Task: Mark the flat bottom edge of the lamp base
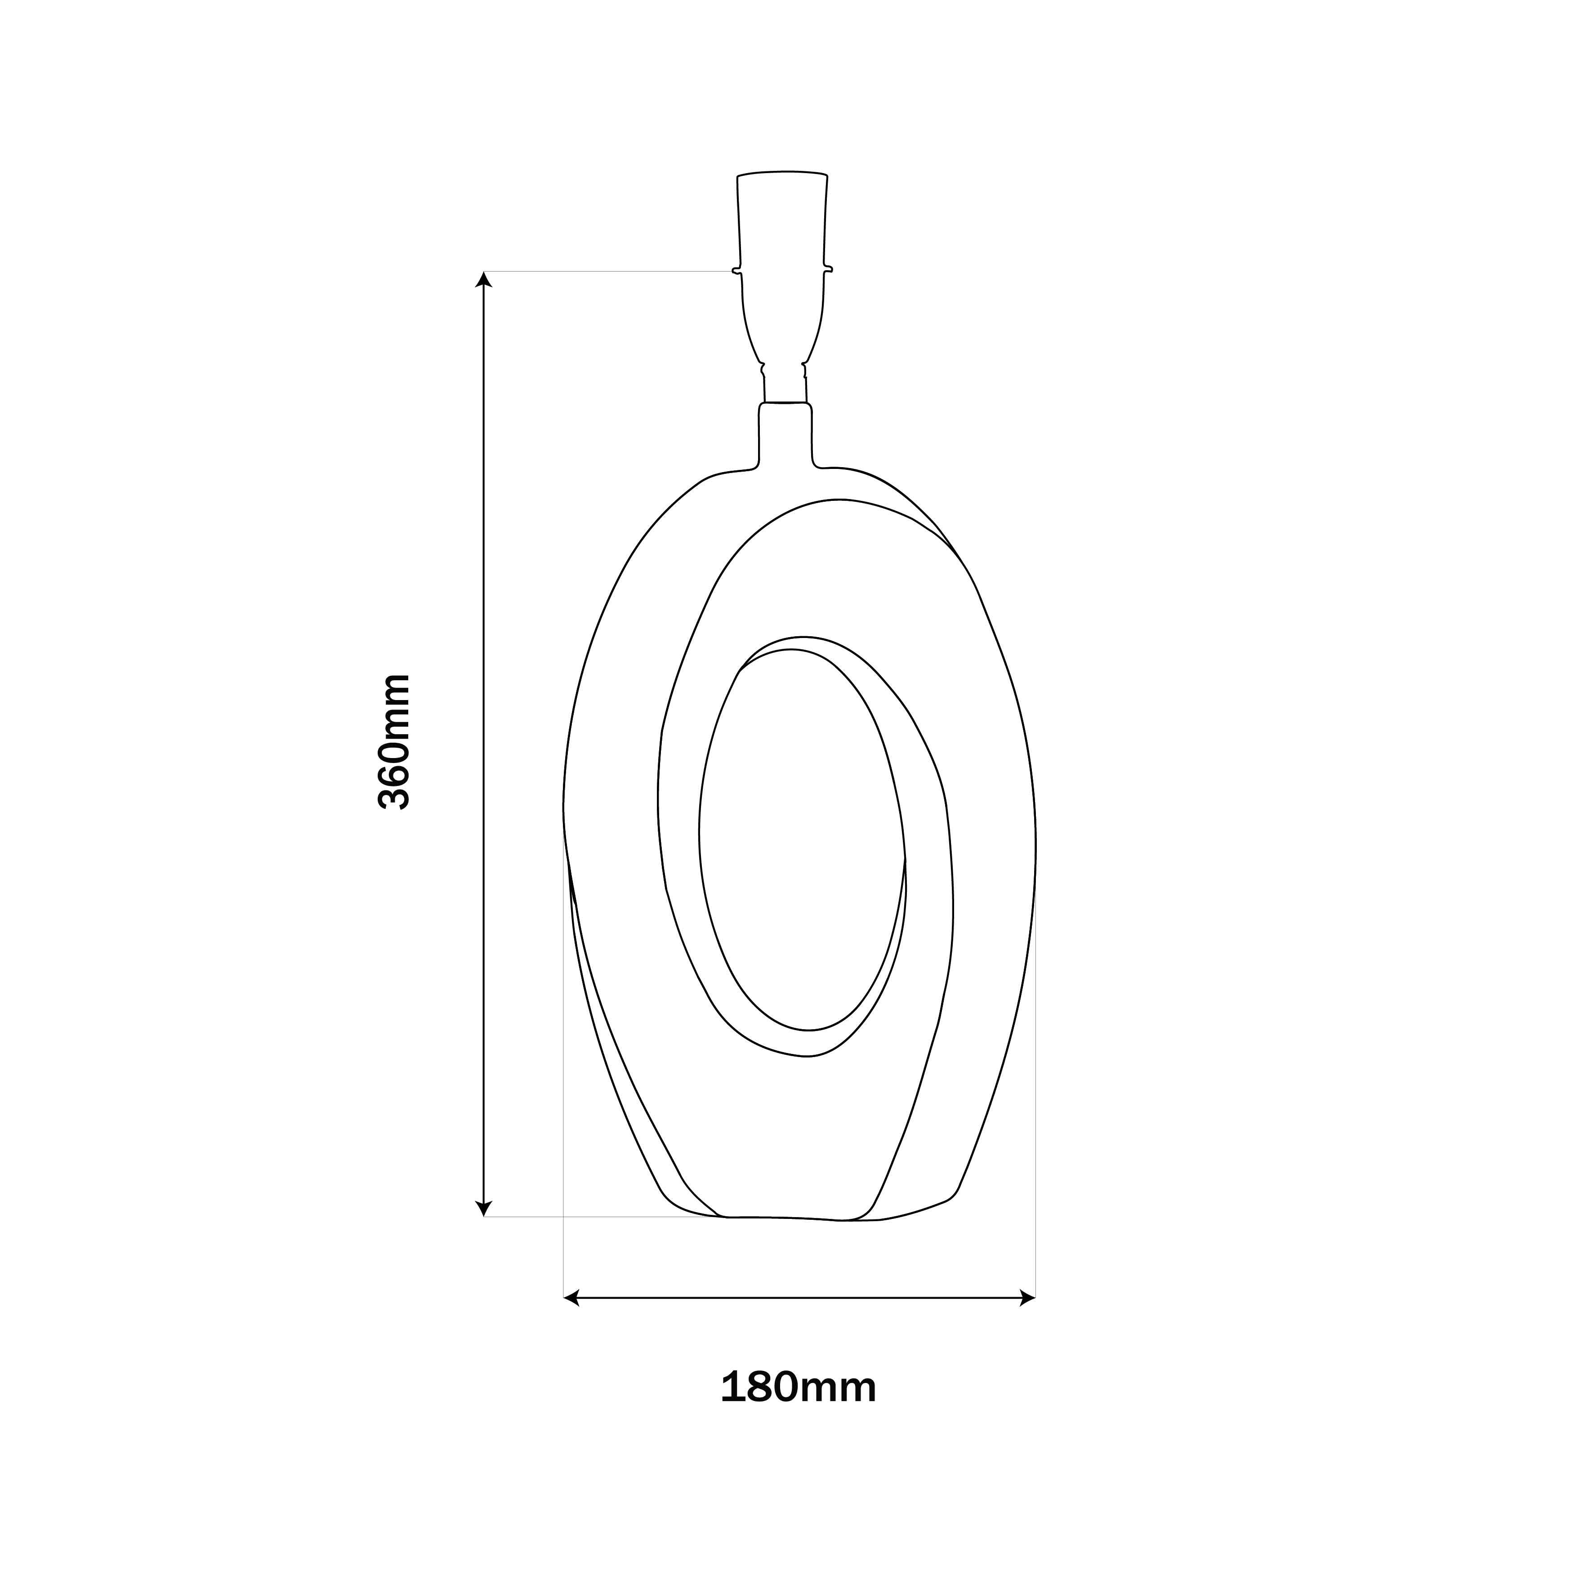click(x=791, y=1218)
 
